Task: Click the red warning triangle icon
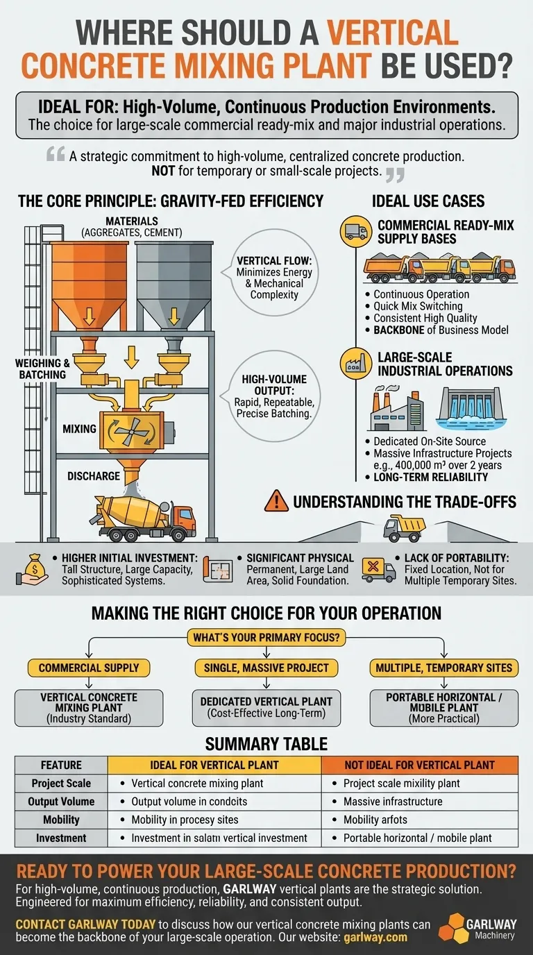point(277,500)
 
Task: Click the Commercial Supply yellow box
point(89,668)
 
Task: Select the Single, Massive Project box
point(266,668)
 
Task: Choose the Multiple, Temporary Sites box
point(443,668)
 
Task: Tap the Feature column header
point(61,765)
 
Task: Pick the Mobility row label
point(61,820)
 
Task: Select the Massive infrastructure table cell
point(392,802)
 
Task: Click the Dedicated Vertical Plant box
point(266,707)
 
